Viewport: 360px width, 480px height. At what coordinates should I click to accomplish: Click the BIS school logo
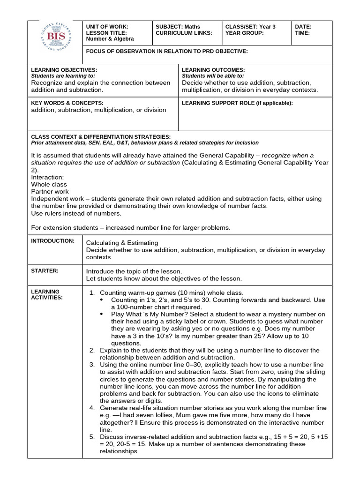[x=55, y=41]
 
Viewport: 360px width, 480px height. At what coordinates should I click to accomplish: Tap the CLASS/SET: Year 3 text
[x=250, y=27]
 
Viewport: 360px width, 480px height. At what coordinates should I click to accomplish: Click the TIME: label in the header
[x=302, y=33]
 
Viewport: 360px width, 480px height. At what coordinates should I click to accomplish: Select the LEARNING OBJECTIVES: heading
[x=64, y=70]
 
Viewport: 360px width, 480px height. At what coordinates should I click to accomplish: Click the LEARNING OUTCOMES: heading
[x=213, y=70]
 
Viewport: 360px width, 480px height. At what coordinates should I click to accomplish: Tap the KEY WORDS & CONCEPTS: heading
[x=67, y=103]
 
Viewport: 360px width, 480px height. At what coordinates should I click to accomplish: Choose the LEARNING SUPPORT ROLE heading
[x=237, y=103]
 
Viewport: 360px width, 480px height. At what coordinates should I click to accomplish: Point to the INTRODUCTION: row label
[x=52, y=241]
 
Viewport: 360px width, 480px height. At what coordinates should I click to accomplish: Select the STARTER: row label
[x=44, y=270]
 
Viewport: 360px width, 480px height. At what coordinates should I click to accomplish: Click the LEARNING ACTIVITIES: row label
[x=46, y=294]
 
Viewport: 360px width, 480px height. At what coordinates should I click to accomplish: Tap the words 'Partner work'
[x=50, y=191]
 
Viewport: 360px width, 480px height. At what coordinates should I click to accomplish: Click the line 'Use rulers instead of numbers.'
[x=76, y=213]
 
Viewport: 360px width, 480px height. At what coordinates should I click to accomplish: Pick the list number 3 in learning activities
[x=92, y=364]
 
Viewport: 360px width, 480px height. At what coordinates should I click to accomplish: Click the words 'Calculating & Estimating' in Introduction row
[x=122, y=243]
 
